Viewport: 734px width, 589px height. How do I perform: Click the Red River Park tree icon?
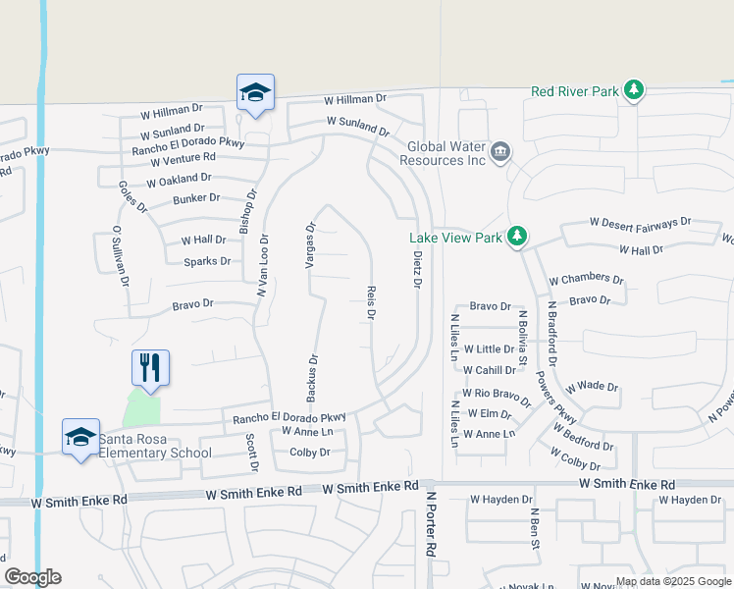click(x=634, y=91)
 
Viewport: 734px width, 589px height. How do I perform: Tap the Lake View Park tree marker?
click(x=518, y=237)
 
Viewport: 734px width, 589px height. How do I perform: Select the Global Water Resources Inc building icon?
click(x=500, y=151)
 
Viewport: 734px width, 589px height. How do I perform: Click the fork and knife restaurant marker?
click(x=150, y=368)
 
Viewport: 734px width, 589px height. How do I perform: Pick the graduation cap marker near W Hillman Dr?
click(x=255, y=93)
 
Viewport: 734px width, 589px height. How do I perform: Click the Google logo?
click(x=32, y=577)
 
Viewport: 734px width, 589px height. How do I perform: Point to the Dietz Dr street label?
click(x=416, y=268)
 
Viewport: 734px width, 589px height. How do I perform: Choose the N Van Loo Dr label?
click(x=263, y=265)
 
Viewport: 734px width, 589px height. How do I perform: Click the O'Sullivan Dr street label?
click(x=121, y=255)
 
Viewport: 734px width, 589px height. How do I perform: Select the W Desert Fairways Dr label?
click(x=641, y=224)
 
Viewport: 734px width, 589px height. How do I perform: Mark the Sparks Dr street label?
click(x=207, y=261)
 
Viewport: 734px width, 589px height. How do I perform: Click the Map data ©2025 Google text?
click(x=672, y=581)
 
